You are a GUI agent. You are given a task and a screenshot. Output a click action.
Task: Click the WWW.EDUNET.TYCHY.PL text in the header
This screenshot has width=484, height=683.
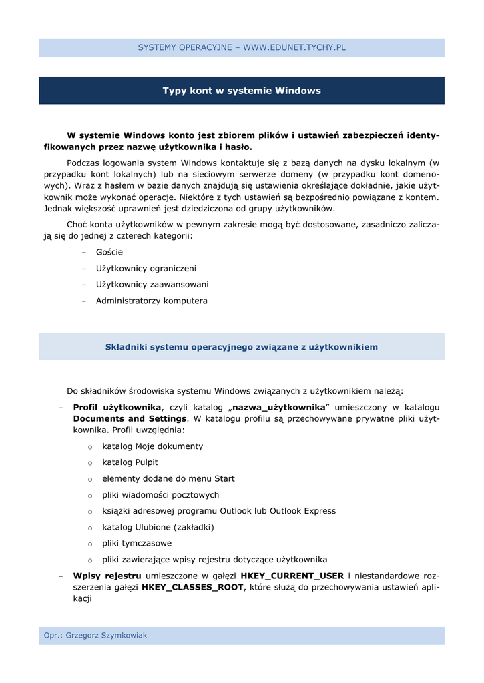294,47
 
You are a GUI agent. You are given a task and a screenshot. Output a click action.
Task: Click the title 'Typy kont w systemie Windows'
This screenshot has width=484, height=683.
242,91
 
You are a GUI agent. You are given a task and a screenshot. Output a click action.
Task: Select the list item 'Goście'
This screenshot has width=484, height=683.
109,253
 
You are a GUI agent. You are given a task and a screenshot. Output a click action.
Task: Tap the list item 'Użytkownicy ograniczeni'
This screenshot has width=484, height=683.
146,269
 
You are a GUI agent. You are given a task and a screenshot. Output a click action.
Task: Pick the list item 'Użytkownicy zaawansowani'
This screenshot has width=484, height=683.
152,285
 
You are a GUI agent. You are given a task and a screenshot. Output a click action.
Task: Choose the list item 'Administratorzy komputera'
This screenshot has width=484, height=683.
152,301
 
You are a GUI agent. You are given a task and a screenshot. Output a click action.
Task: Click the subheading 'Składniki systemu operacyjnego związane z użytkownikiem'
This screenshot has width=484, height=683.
242,347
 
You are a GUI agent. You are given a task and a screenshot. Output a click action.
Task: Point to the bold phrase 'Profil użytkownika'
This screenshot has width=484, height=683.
117,407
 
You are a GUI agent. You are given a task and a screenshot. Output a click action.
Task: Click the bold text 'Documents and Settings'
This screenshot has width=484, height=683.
130,419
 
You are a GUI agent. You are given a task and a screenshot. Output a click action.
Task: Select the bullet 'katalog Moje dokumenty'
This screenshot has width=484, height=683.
153,446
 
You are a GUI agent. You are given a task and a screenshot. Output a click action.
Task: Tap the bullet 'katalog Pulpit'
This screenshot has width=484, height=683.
130,462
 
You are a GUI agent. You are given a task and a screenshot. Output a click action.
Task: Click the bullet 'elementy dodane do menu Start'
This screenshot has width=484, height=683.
168,479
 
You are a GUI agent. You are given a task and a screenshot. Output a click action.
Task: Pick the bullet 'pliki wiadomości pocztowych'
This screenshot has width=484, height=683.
160,495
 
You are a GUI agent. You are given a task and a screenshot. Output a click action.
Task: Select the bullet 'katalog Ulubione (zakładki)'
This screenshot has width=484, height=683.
158,527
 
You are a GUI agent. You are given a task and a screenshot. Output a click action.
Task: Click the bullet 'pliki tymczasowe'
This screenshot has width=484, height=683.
137,544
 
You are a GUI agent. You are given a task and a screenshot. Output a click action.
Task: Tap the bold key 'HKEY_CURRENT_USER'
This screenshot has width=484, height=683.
292,576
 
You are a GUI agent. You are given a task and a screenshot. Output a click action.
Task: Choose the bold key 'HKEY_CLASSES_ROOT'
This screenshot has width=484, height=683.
193,588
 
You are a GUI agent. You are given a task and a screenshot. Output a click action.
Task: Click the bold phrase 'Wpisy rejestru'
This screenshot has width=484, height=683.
107,576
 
